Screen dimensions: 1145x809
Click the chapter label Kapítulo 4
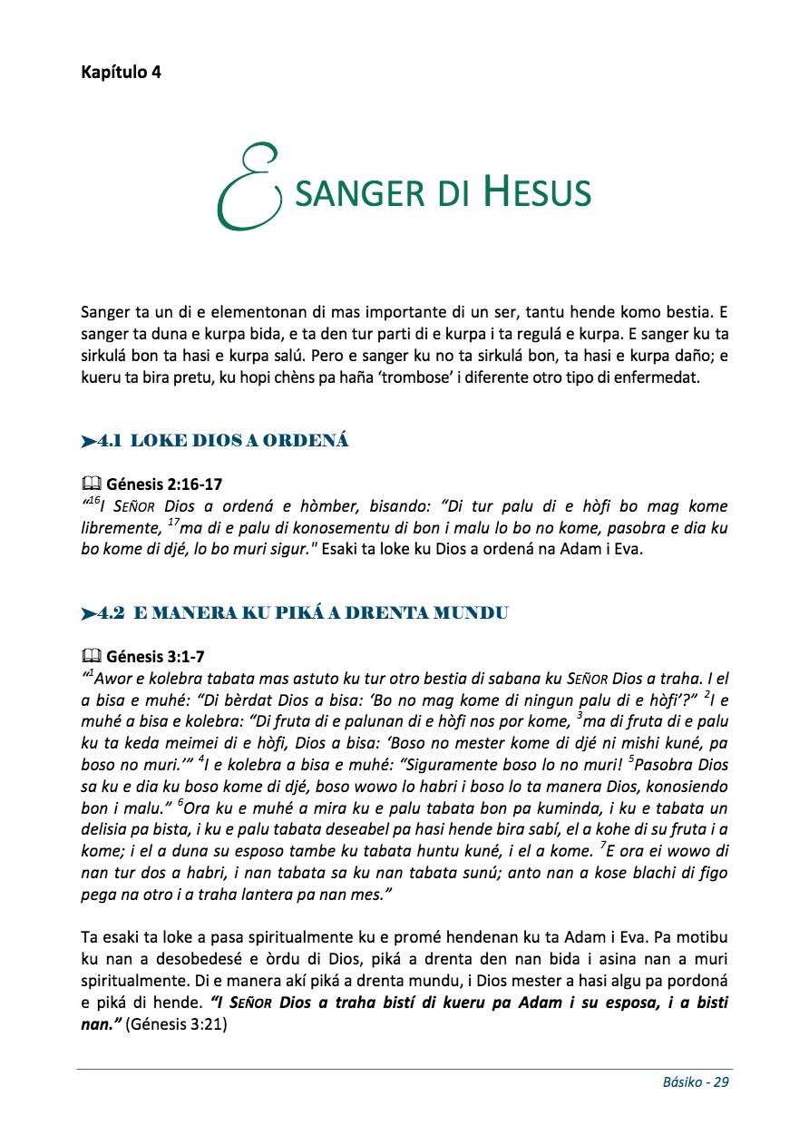click(x=121, y=73)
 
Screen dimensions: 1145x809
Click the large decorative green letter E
click(x=244, y=186)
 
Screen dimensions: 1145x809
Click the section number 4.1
click(x=110, y=441)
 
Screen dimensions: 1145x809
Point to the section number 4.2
click(x=111, y=612)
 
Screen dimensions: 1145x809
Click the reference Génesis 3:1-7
click(x=160, y=656)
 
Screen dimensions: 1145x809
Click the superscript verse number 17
click(x=175, y=522)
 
